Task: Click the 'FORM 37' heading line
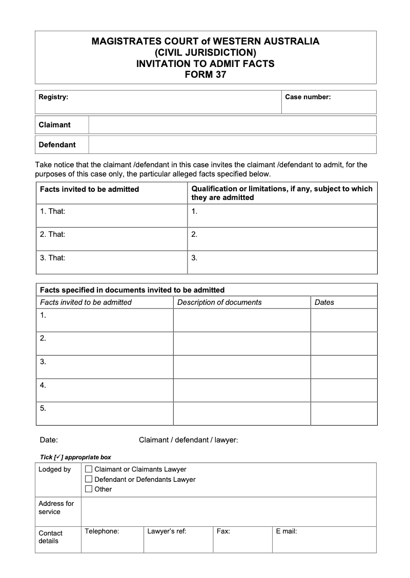[x=205, y=75]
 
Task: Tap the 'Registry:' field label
[x=53, y=97]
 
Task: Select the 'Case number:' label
[x=307, y=97]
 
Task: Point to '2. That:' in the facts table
[x=53, y=234]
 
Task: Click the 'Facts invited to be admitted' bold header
[x=90, y=189]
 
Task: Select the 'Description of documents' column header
[x=219, y=302]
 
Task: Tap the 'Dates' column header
[x=324, y=302]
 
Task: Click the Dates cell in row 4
[x=344, y=390]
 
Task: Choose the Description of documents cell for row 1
[x=242, y=320]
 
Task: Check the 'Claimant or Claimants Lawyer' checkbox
[x=89, y=469]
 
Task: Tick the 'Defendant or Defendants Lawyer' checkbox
[x=89, y=479]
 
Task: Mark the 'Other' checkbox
[x=89, y=489]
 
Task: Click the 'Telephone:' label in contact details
[x=102, y=531]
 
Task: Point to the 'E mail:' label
[x=286, y=531]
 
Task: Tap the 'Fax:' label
[x=223, y=531]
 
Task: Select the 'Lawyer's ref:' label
[x=167, y=531]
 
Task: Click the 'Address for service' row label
[x=56, y=507]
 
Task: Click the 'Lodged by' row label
[x=54, y=470]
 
